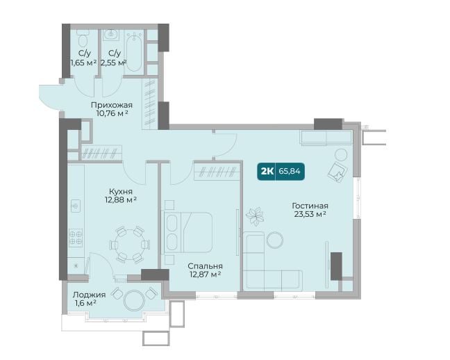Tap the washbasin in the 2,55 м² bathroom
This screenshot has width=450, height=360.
pos(110,35)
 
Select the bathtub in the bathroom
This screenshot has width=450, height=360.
pos(134,52)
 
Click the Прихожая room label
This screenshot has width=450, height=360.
pos(112,105)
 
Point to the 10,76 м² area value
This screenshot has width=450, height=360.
pos(112,113)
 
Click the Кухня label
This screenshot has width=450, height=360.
pos(121,191)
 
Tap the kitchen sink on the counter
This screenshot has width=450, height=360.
pos(76,206)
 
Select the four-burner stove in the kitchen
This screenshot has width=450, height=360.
pos(76,238)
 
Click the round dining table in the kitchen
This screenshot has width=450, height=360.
pos(130,245)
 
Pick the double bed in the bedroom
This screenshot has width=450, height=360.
pos(187,232)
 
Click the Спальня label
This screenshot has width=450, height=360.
pos(205,266)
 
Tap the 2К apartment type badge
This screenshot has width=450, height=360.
pos(267,171)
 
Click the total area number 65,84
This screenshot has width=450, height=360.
pos(290,171)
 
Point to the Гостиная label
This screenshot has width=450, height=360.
pos(310,206)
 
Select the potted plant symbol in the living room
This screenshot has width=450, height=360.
pos(255,216)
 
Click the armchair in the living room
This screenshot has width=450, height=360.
pos(337,172)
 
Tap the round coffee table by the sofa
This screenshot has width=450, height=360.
pos(275,240)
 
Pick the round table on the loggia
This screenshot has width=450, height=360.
pos(134,300)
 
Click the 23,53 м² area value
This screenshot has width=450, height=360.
pos(310,214)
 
